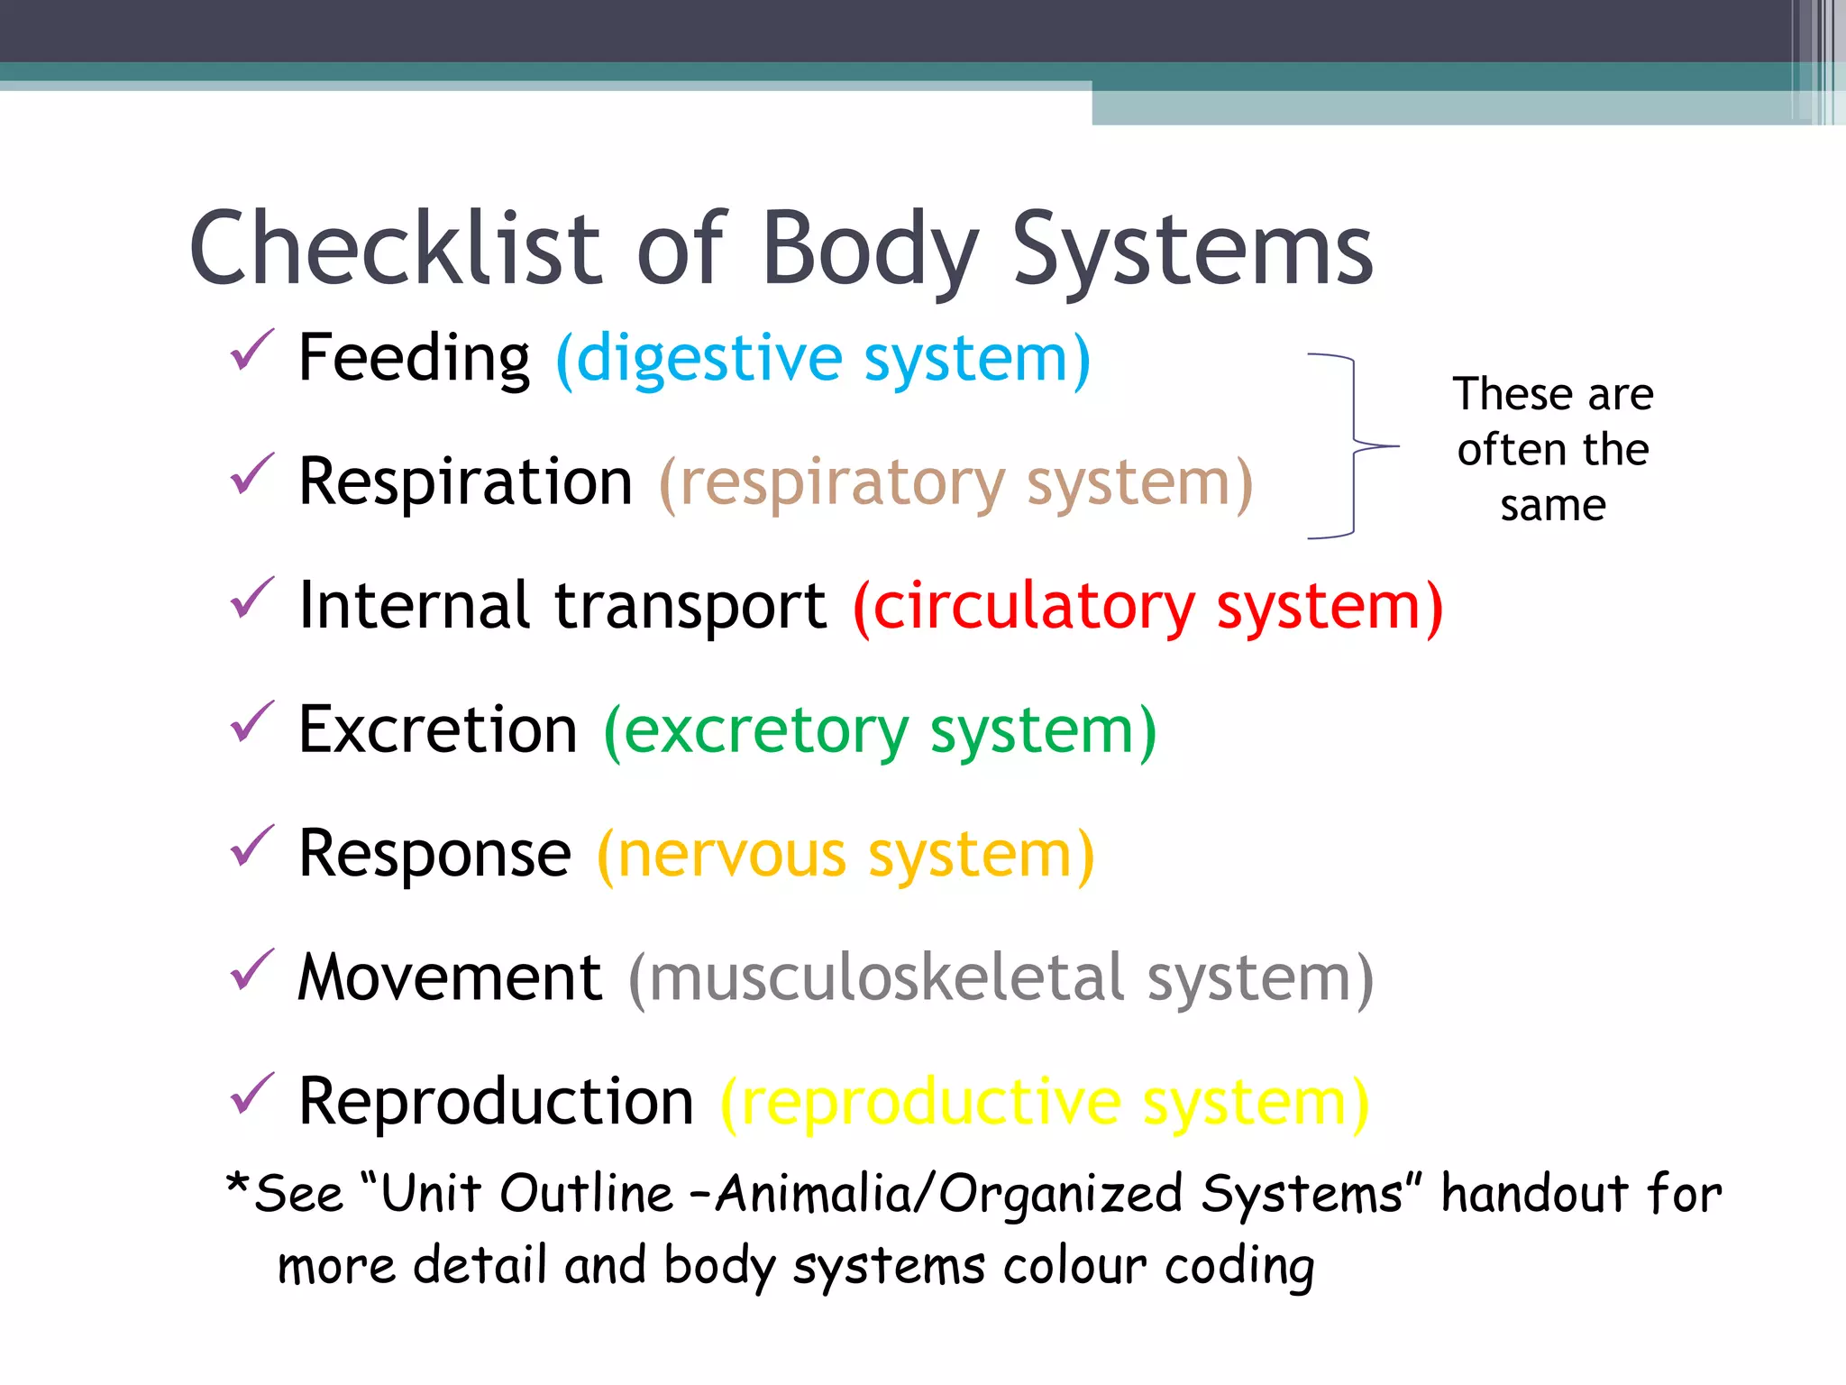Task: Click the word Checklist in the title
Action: (395, 248)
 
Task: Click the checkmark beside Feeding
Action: (251, 352)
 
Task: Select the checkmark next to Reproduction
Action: (251, 1095)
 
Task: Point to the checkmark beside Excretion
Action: (251, 723)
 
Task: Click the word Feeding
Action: (414, 358)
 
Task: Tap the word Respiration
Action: (465, 482)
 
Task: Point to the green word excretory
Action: (766, 731)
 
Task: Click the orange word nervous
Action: (732, 855)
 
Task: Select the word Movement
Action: (450, 977)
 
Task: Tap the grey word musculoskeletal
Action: (887, 977)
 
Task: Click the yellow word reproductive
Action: (931, 1102)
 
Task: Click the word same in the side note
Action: (1553, 506)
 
